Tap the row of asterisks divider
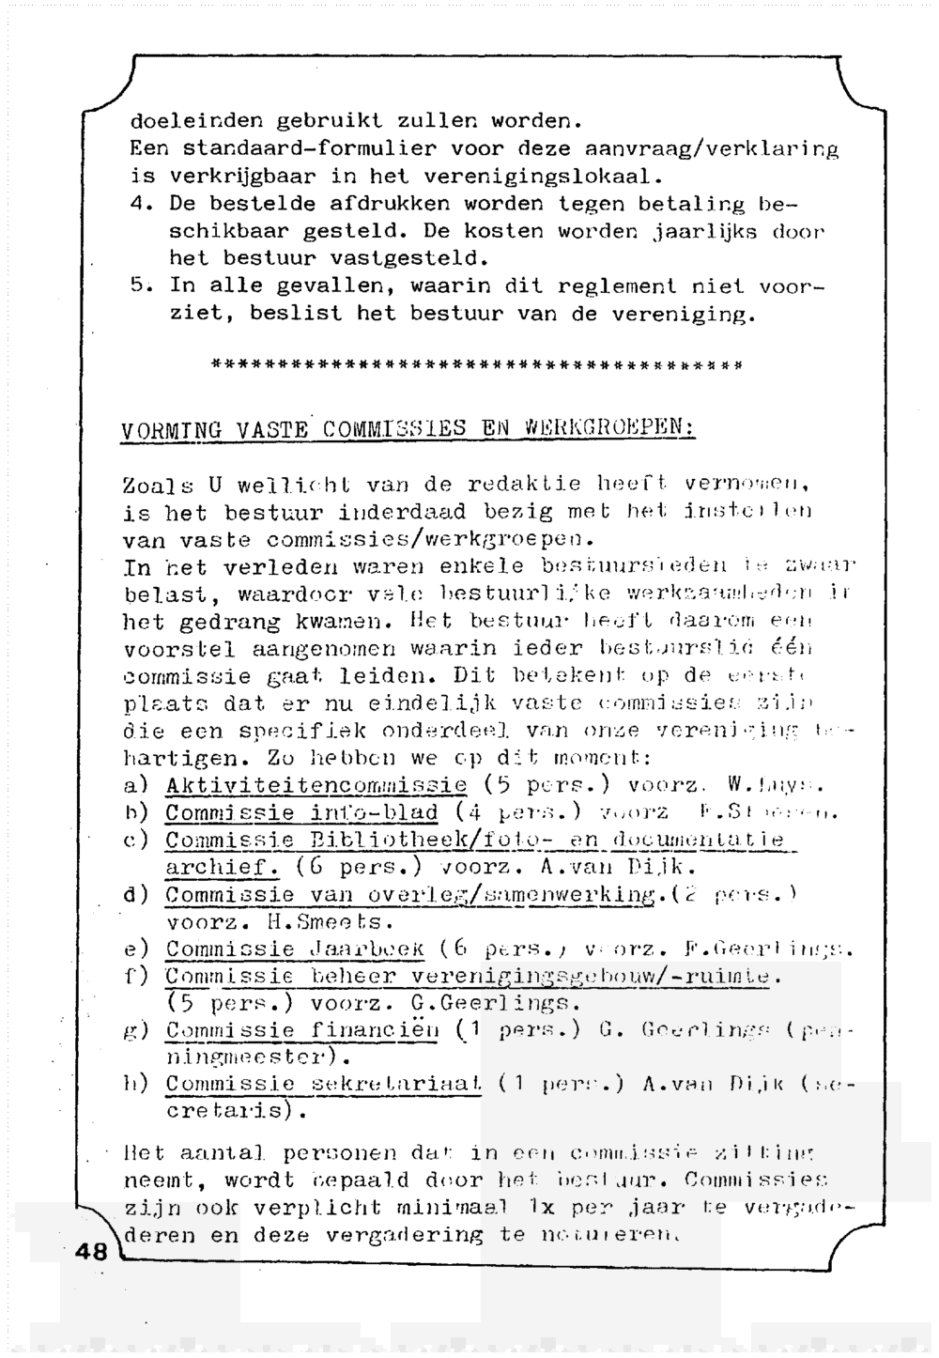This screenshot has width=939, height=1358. [478, 364]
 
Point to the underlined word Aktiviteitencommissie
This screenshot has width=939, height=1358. [316, 785]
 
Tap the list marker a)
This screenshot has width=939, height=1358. [136, 785]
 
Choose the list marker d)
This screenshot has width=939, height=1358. [137, 895]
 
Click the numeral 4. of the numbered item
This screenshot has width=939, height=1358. [140, 203]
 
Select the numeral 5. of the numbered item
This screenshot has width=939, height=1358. [140, 285]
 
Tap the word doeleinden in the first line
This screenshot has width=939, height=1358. [195, 121]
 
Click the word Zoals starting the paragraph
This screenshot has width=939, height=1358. [158, 486]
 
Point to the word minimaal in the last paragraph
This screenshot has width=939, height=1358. [444, 1208]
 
